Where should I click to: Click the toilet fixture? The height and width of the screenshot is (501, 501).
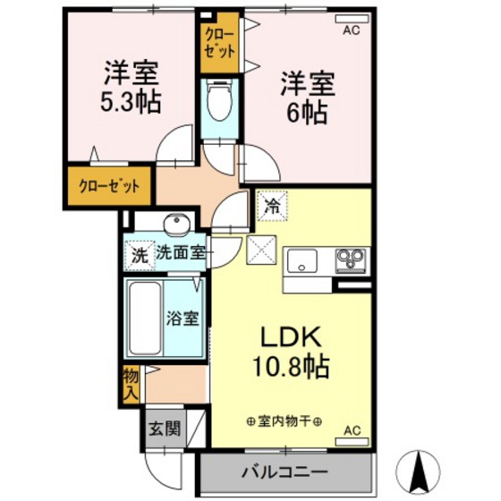pos(217,104)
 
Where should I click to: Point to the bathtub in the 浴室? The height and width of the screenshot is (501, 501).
pos(144,318)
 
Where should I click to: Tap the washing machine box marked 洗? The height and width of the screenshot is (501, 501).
pos(139,254)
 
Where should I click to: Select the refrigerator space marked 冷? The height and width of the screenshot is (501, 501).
pos(271,206)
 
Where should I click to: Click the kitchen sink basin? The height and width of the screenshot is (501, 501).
pos(301,262)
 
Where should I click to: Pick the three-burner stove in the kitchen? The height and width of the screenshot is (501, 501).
pos(350,261)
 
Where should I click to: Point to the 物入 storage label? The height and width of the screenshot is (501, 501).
pos(132,382)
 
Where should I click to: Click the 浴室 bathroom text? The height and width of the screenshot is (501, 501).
pos(185,317)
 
